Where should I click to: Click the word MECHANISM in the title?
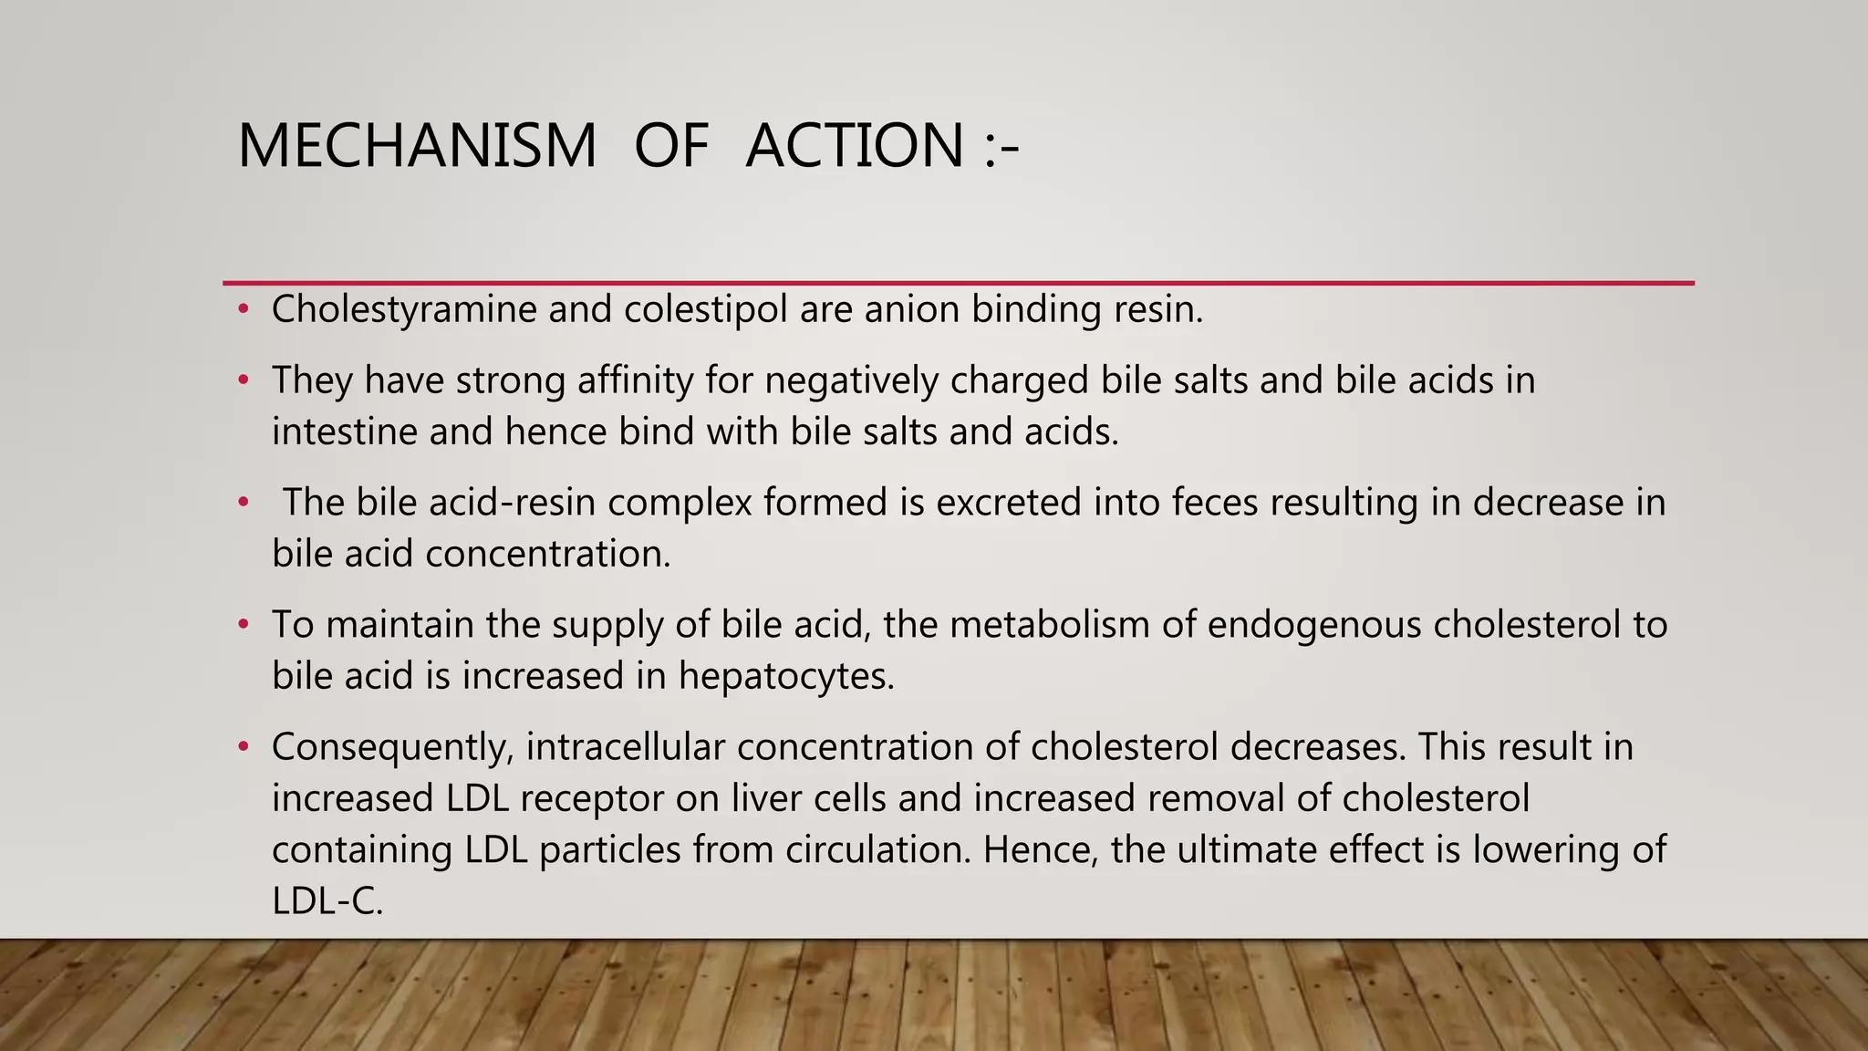coord(417,146)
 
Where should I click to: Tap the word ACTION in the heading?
coord(855,146)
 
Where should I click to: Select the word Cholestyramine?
coord(404,310)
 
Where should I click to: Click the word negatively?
coord(851,380)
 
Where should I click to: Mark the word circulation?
coord(877,850)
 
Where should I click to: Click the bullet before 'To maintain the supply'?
coord(243,625)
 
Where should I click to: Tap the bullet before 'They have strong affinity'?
coord(243,380)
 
